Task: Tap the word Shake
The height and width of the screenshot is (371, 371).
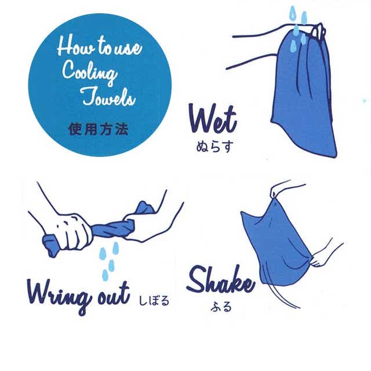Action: coord(220,280)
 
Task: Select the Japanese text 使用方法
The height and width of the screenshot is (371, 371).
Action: coord(99,130)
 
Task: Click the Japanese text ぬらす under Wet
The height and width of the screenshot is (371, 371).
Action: coord(215,147)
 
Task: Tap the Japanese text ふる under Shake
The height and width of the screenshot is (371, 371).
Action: coord(221,307)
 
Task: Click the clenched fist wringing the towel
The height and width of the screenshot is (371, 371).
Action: coord(71,231)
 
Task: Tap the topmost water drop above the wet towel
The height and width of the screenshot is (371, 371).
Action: coord(293,12)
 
